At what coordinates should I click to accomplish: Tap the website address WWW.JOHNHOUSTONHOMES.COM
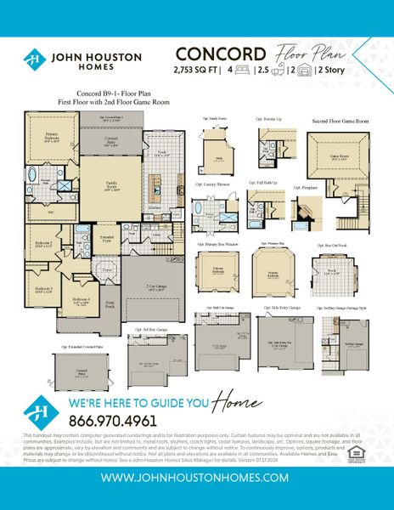(197, 479)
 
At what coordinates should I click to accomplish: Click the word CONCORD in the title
(212, 51)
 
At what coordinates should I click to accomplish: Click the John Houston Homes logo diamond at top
(33, 60)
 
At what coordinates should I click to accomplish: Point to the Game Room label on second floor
(340, 156)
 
